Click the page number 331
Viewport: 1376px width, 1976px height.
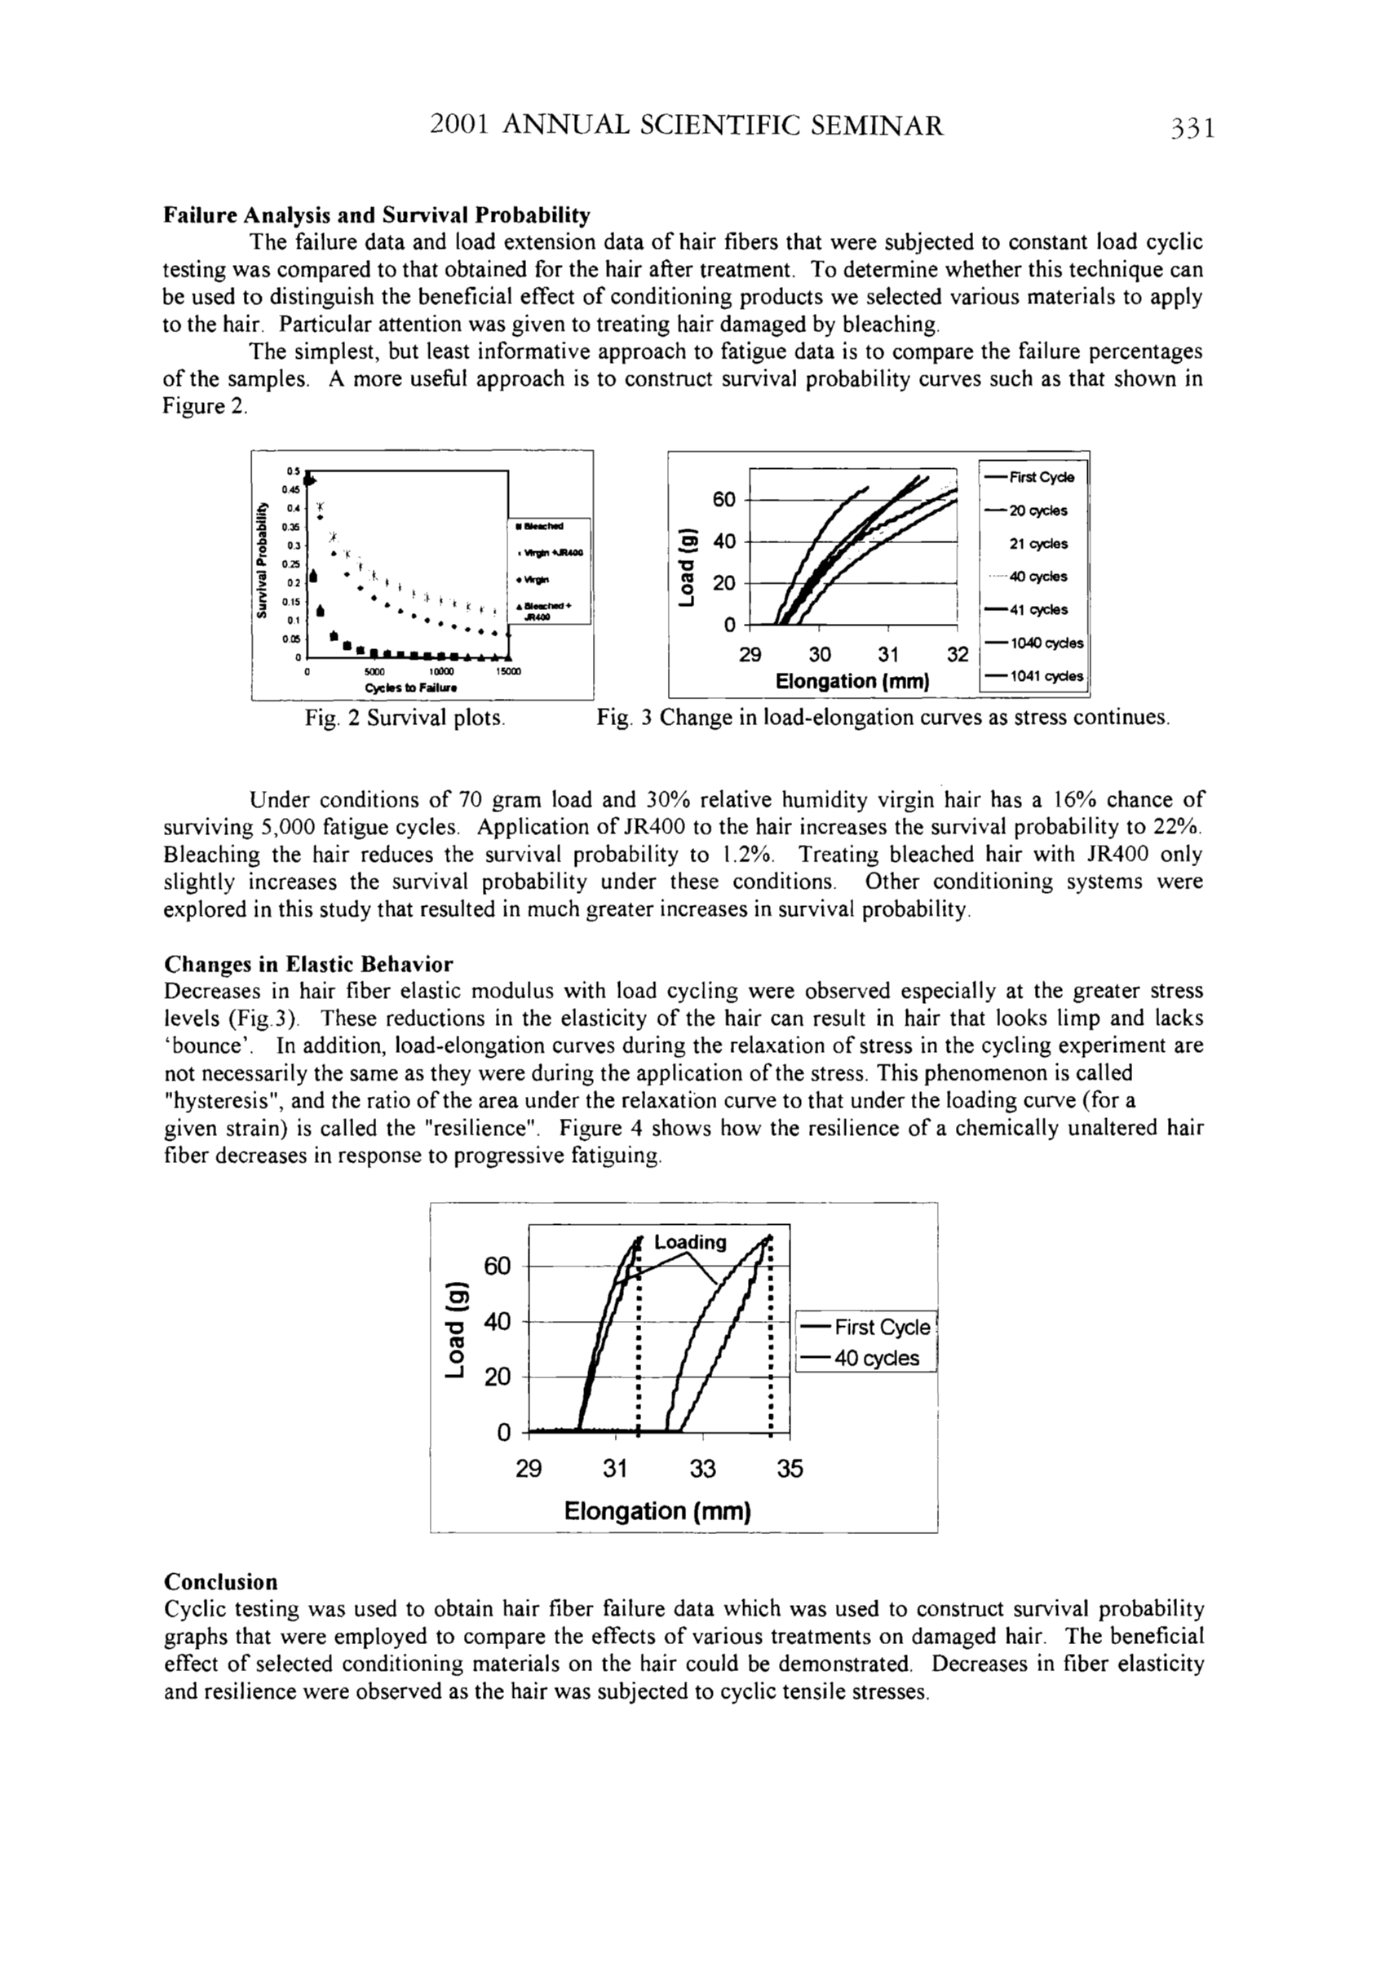coord(1190,128)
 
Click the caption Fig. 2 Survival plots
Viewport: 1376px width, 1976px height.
coord(405,718)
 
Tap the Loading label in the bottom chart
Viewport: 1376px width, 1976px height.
coord(690,1243)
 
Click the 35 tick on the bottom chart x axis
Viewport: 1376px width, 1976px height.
coord(789,1469)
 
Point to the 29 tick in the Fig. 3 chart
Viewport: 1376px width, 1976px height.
coord(750,655)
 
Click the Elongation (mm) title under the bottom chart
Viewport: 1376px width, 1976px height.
coord(657,1511)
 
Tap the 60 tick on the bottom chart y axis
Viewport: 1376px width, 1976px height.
coord(498,1266)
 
